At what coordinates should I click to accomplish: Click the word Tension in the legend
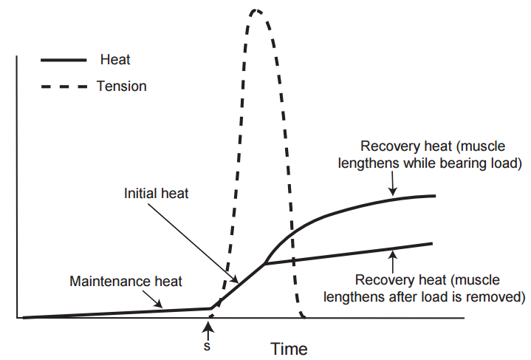coord(121,86)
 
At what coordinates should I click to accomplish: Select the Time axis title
coord(289,347)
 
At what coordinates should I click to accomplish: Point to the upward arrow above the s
coord(209,330)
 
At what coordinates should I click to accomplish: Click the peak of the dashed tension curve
coord(256,10)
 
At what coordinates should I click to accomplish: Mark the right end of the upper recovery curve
coord(434,195)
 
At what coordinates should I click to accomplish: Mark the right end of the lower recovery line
coord(431,243)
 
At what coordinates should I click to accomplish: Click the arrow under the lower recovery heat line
coord(394,258)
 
